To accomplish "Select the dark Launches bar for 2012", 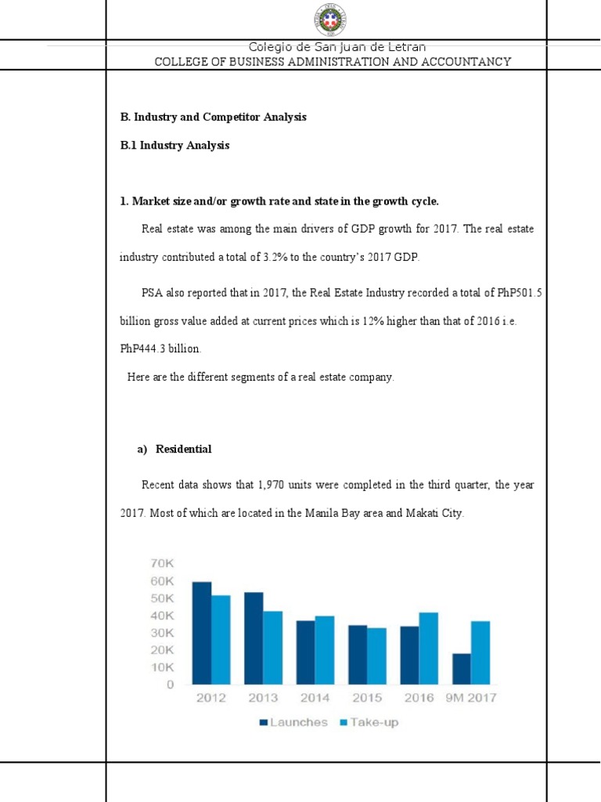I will pyautogui.click(x=202, y=633).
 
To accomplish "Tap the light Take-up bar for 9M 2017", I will pyautogui.click(x=480, y=652).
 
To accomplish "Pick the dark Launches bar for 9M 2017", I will pyautogui.click(x=462, y=668).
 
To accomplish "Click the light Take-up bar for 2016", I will pyautogui.click(x=429, y=648).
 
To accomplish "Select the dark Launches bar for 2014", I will pyautogui.click(x=305, y=652).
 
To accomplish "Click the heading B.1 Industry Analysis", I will pyautogui.click(x=175, y=146).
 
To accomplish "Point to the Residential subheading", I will pyautogui.click(x=183, y=449).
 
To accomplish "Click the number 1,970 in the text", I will pyautogui.click(x=273, y=486).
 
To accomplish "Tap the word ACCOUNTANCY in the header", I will pyautogui.click(x=472, y=61).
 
